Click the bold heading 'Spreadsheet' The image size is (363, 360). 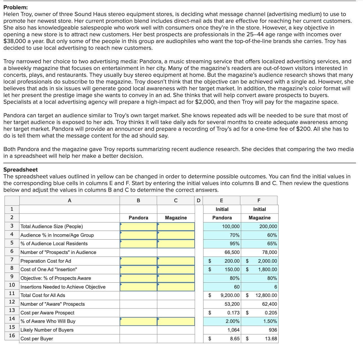(20, 170)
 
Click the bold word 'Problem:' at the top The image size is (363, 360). (15, 7)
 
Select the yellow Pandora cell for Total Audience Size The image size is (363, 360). (138, 226)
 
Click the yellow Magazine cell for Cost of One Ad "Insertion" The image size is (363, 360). (176, 269)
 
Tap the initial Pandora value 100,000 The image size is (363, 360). (231, 226)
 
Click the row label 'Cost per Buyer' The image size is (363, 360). (37, 339)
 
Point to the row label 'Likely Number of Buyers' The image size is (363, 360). (47, 330)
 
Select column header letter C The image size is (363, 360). (176, 201)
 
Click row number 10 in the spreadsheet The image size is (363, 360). (12, 285)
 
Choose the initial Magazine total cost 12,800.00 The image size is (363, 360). (266, 295)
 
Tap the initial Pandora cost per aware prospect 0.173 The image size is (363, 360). (233, 313)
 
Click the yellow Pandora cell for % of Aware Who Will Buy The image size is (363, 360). (138, 321)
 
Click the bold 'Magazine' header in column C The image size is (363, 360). (176, 218)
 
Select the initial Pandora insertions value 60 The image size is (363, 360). (237, 287)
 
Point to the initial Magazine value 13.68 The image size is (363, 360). (271, 339)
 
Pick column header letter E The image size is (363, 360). (221, 201)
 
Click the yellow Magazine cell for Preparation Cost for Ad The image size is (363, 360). (176, 261)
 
